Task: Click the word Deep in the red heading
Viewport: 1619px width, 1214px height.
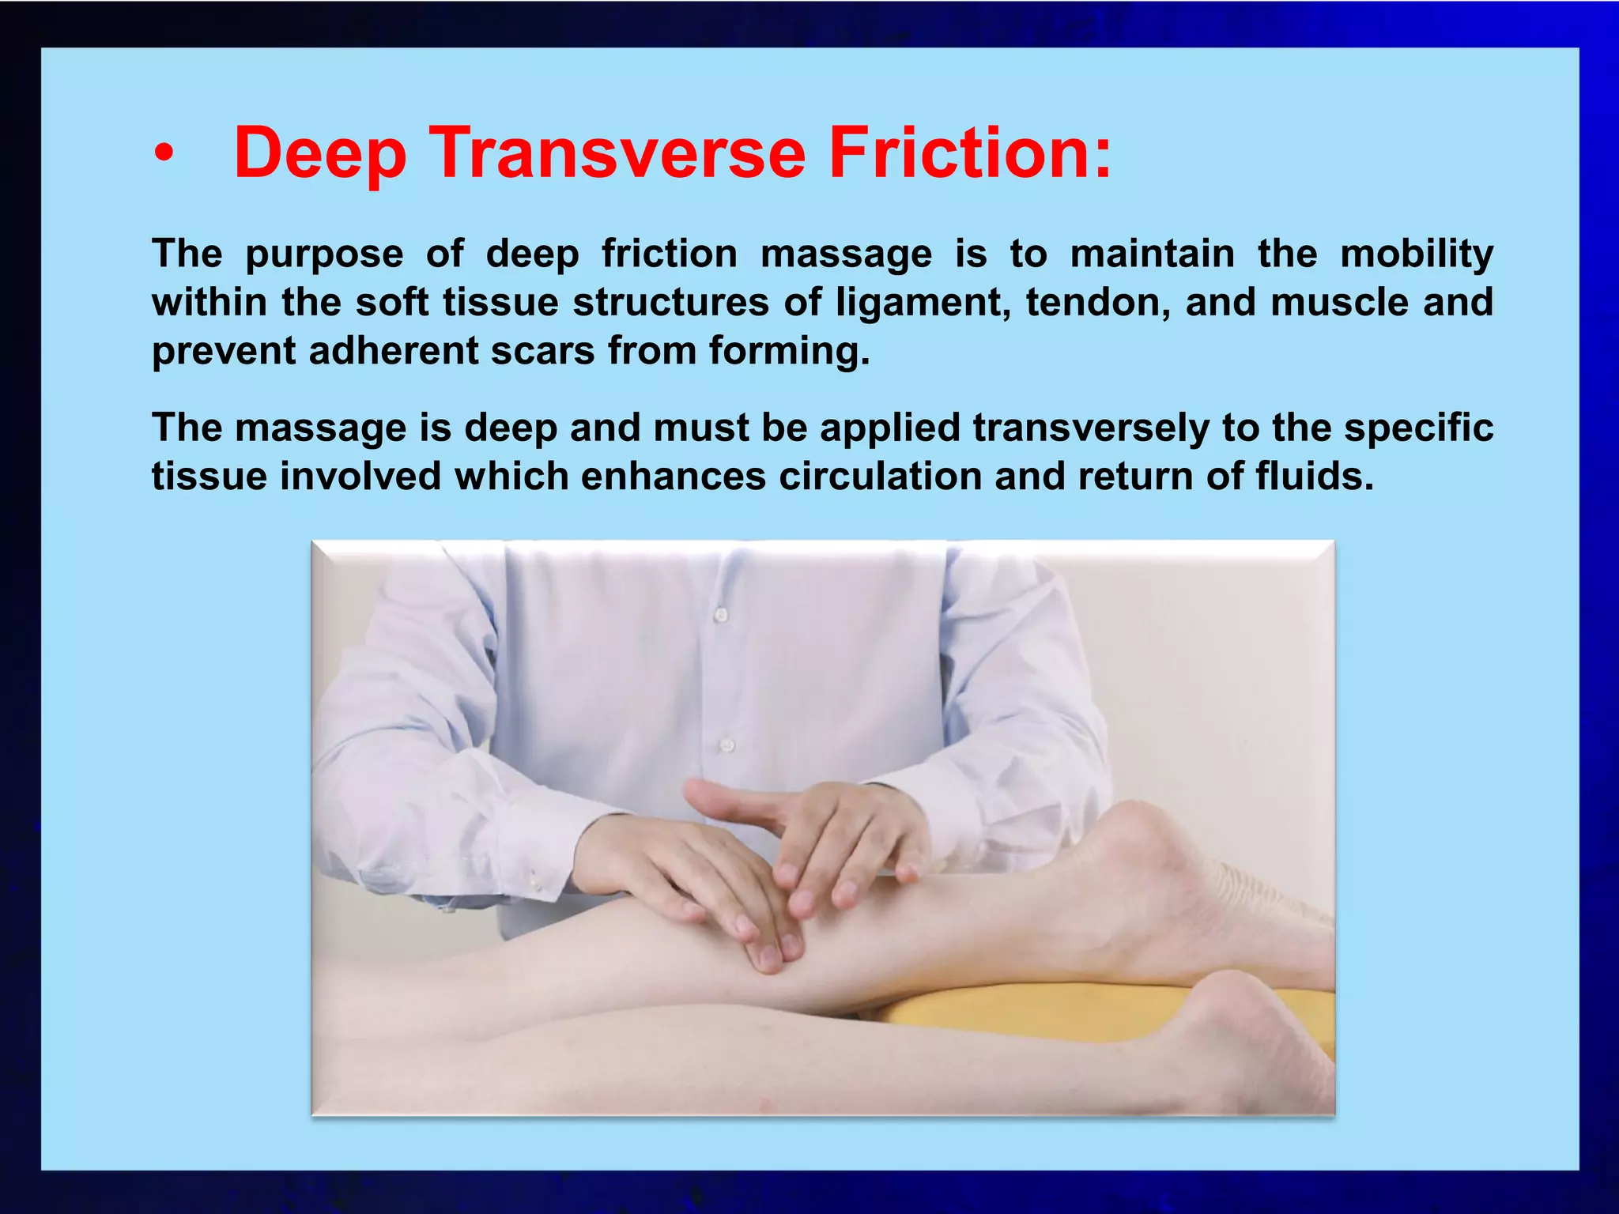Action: point(320,154)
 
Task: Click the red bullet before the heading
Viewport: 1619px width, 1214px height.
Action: point(163,154)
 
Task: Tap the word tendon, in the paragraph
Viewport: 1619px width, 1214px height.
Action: point(1098,303)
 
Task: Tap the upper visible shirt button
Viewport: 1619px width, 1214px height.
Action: point(720,613)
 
